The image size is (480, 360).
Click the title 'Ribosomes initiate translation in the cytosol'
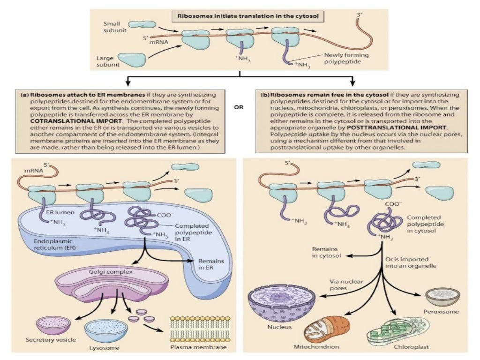coord(248,15)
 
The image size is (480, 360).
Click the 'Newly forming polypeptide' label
coord(346,59)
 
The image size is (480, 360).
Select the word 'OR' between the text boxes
coord(240,106)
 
